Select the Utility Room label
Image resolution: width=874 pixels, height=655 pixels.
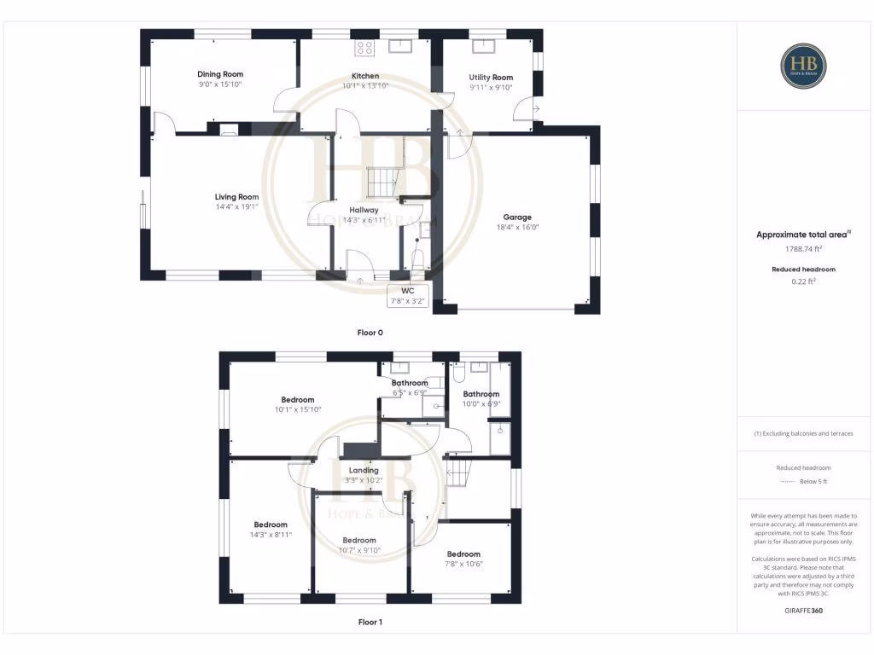pos(491,78)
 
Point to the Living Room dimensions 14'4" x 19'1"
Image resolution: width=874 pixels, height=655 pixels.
pos(236,206)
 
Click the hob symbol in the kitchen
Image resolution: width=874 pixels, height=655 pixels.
pos(364,48)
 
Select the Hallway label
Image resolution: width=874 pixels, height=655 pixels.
pos(364,210)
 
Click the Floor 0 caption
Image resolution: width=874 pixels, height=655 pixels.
pos(370,333)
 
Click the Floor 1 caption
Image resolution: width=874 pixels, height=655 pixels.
pos(370,623)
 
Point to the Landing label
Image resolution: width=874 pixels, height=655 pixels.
pos(364,470)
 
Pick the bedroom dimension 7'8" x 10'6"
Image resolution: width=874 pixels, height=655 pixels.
pos(463,564)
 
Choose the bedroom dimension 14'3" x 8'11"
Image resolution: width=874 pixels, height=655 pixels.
pos(271,535)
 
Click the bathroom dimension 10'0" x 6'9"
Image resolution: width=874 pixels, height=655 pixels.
pos(481,404)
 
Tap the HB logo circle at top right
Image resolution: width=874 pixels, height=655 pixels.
pos(803,66)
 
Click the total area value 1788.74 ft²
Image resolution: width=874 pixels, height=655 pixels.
pos(802,249)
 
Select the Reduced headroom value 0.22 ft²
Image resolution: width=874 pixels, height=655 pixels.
pos(802,281)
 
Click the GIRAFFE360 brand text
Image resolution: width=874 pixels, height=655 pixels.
pos(802,611)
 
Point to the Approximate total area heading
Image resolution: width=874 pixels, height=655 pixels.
pos(802,234)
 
